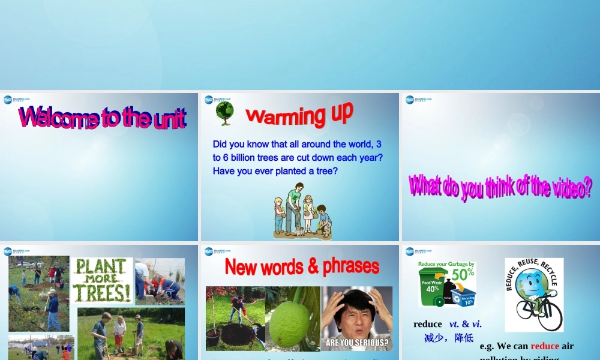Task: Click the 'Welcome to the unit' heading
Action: pos(102,118)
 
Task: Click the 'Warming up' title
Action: pos(299,114)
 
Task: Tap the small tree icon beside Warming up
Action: pos(224,113)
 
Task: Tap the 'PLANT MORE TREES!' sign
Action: pos(101,281)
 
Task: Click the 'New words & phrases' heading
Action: pos(302,266)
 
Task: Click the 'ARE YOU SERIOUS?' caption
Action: pos(356,344)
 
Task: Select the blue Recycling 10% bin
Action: pos(464,296)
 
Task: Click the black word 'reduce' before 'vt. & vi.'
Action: pos(427,324)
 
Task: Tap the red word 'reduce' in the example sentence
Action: pos(544,346)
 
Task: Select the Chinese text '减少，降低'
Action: pos(448,338)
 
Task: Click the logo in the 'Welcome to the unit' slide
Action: pos(16,100)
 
